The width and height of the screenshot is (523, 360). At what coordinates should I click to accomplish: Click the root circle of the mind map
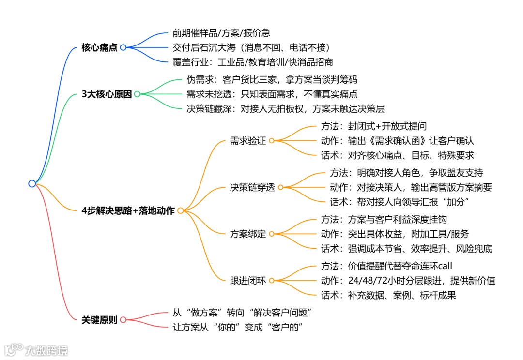pos(32,183)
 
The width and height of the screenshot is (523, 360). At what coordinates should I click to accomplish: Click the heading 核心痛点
pos(100,47)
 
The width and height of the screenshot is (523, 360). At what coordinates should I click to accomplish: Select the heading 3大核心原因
pos(107,94)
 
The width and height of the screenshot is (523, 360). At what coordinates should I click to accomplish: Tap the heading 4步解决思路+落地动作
pos(128,210)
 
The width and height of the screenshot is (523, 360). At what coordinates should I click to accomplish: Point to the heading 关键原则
pos(100,320)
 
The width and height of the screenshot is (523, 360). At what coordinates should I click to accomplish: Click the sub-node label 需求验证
pos(248,141)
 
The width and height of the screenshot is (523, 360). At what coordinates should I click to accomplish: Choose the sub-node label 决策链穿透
pos(252,187)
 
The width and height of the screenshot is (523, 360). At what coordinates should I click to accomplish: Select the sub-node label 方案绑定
pos(248,234)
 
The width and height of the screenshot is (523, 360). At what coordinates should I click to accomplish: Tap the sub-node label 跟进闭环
pos(248,280)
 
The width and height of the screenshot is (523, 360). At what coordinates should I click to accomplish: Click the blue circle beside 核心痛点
pos(123,47)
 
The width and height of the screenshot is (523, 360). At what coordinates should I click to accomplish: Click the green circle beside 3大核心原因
pos(137,94)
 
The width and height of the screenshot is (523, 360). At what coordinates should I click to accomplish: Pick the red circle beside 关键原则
pos(123,320)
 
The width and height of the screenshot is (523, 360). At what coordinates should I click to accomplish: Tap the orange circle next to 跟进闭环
pos(271,280)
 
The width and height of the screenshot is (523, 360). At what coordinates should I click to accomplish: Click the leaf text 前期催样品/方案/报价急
pos(221,33)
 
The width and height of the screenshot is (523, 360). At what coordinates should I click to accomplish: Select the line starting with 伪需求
pos(272,80)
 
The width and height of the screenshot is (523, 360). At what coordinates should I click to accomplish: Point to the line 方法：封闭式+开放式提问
pos(373,127)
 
